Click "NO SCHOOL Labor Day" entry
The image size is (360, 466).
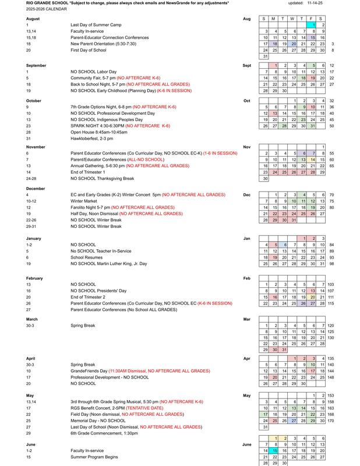click(x=93, y=72)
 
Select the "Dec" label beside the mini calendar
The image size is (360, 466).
click(x=247, y=194)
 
